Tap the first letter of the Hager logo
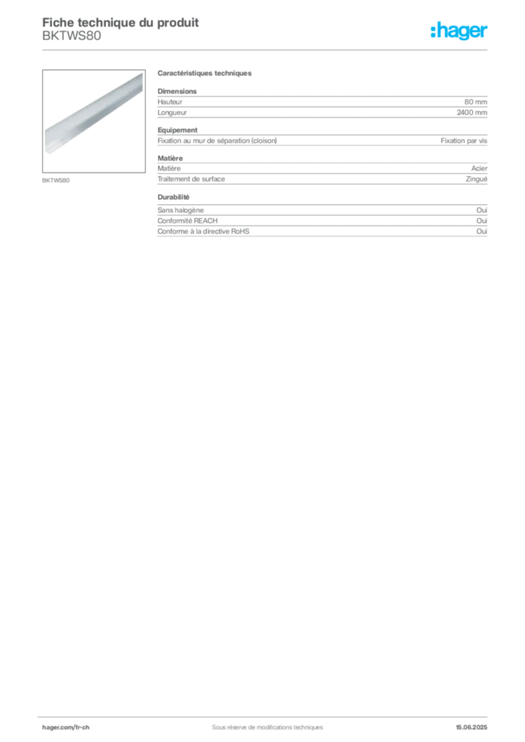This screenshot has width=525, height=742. pyautogui.click(x=432, y=31)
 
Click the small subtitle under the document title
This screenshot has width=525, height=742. pyautogui.click(x=73, y=41)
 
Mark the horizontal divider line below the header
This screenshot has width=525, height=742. pyautogui.click(x=267, y=49)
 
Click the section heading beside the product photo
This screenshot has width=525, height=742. pyautogui.click(x=205, y=75)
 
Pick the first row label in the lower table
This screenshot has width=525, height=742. pyautogui.click(x=181, y=209)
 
